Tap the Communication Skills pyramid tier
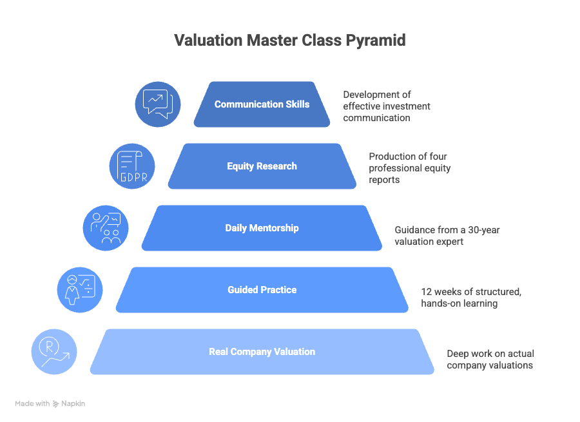[262, 104]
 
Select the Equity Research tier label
[262, 166]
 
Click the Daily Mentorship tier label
[262, 228]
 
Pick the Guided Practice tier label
[262, 290]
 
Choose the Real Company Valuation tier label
[262, 352]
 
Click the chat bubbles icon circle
[157, 104]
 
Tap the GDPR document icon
[131, 166]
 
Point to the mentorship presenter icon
[106, 228]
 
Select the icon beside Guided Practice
[80, 290]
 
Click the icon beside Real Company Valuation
[54, 352]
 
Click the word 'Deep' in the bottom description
[459, 354]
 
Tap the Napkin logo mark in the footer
[56, 404]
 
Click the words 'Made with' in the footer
[32, 404]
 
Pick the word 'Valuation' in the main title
[208, 41]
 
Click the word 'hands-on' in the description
[440, 303]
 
